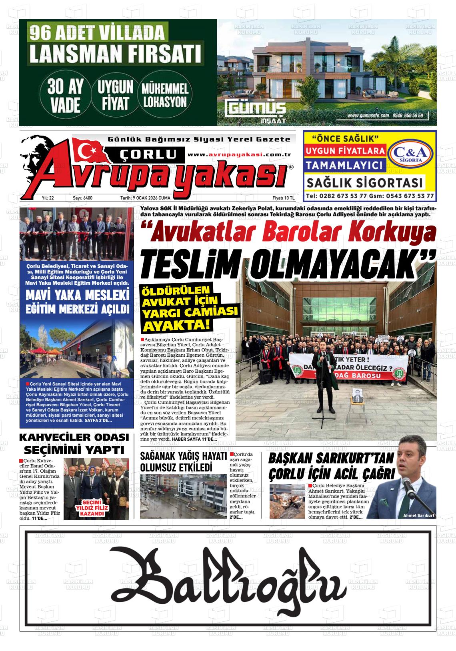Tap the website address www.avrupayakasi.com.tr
pyautogui.click(x=233, y=155)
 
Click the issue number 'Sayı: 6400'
pyautogui.click(x=82, y=198)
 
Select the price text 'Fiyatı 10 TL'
pyautogui.click(x=283, y=198)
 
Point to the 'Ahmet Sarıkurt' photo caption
pyautogui.click(x=418, y=515)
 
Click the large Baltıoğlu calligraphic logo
pyautogui.click(x=228, y=577)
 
